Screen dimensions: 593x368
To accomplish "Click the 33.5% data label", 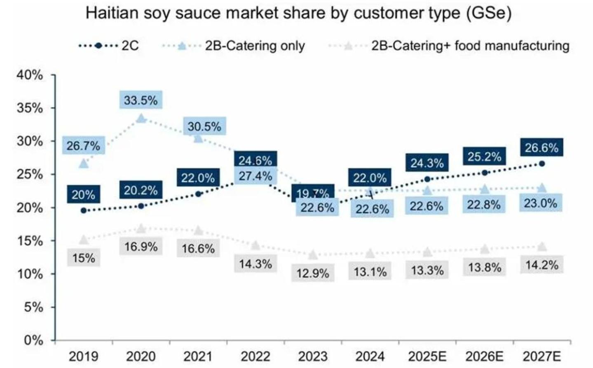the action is (141, 100).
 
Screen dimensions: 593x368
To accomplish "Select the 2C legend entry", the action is (108, 46).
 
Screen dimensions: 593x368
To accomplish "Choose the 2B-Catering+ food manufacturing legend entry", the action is (449, 46).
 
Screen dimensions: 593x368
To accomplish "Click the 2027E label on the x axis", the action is (542, 356).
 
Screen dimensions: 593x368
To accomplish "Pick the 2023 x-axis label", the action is (313, 356).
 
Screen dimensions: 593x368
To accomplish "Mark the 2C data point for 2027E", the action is (542, 164).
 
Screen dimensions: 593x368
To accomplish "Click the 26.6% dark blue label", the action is (541, 147).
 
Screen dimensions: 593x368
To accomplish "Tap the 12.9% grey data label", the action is (313, 273).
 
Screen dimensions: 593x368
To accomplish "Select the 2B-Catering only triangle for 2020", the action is (141, 119).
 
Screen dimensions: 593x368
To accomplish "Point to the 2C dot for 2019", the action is (84, 210).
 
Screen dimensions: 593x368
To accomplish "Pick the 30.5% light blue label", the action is (204, 126).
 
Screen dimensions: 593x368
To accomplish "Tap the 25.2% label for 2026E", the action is (484, 156).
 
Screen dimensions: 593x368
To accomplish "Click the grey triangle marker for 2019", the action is (84, 239).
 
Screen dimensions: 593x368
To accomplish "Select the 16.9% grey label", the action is (141, 247).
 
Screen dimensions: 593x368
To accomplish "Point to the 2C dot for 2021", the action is (198, 194).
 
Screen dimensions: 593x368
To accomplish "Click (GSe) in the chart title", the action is (489, 14).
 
